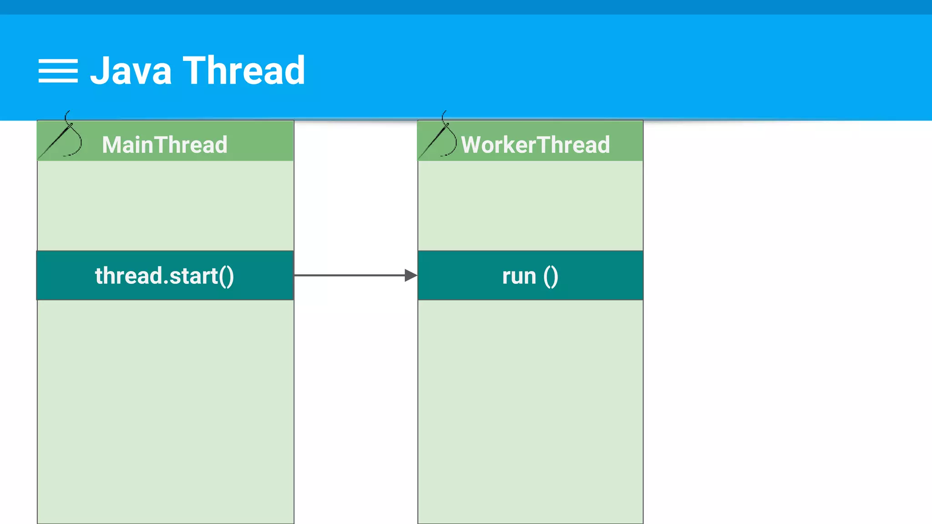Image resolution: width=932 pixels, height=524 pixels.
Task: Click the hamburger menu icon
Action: [x=58, y=71]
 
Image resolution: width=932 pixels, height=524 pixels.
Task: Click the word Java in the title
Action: [x=131, y=71]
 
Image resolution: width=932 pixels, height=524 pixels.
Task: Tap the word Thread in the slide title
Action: [x=244, y=71]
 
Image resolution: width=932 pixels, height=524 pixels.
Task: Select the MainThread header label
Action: [x=164, y=145]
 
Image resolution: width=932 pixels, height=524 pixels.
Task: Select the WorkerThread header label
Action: [x=535, y=145]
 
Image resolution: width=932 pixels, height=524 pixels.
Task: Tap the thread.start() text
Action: [x=164, y=276]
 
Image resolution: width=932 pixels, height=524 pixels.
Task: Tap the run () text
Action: [x=530, y=276]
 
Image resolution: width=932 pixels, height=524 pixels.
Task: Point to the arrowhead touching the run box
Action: [x=410, y=275]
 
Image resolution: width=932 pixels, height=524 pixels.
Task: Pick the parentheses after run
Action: [x=551, y=276]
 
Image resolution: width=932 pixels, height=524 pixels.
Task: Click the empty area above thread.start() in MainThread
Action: [x=165, y=205]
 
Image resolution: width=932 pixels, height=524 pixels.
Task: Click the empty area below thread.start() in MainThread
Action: [x=165, y=409]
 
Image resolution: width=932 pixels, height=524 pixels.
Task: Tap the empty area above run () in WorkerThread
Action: [x=530, y=205]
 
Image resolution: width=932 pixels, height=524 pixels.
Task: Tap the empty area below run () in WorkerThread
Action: [x=530, y=409]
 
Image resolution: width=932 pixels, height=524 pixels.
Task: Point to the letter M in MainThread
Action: [x=111, y=145]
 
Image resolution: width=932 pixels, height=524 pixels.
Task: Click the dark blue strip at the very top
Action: [x=466, y=7]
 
